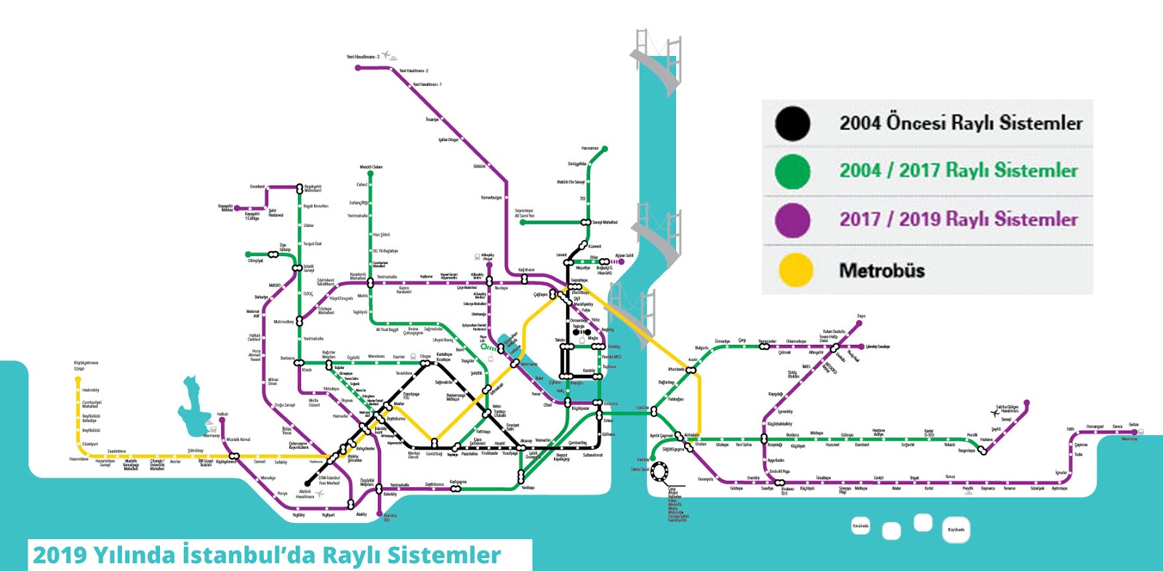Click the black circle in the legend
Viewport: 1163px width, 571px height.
[792, 124]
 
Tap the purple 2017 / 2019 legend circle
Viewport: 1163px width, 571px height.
[792, 220]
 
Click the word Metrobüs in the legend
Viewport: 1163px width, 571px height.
[882, 271]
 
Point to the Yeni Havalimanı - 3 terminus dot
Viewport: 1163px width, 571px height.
[358, 68]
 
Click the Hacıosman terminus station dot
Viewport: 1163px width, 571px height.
[605, 149]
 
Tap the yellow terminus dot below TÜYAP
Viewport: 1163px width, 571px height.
[78, 380]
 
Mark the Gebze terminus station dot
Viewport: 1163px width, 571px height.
[1138, 432]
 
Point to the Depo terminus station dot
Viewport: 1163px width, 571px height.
[862, 323]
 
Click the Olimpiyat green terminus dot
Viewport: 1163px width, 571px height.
[249, 255]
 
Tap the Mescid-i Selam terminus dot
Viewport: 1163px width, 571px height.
[371, 173]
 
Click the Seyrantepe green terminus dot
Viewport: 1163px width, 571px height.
[523, 222]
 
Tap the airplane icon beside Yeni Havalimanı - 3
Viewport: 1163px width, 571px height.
[389, 55]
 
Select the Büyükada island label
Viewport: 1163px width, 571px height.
[956, 530]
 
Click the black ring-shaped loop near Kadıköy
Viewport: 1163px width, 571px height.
[659, 472]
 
